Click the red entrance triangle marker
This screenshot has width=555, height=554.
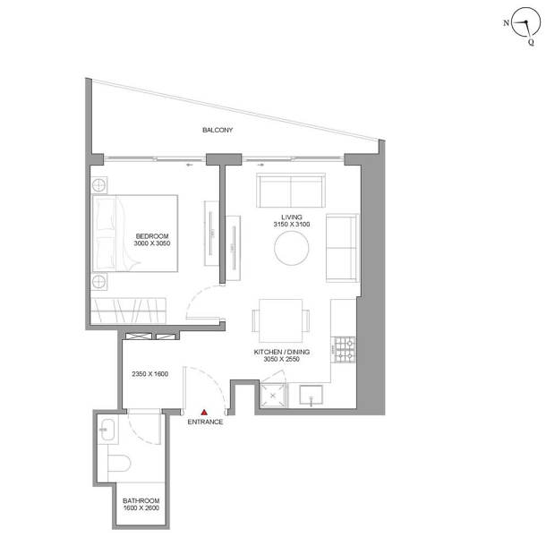coord(204,412)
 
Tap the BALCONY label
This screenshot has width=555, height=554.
coord(218,130)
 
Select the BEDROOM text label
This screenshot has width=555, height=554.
coord(152,236)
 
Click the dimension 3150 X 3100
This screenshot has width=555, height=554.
coord(292,224)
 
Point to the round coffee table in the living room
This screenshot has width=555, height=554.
coord(292,248)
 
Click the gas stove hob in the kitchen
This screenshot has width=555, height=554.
coord(346,349)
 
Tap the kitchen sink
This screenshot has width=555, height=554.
coord(311,395)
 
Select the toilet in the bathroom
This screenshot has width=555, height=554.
coord(119,463)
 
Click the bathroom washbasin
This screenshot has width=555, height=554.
coord(107,430)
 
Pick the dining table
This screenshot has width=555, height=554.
coord(281,320)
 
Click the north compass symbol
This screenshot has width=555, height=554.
coord(526,22)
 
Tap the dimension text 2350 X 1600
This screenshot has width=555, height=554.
coord(150,374)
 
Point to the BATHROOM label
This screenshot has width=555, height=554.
coord(141,500)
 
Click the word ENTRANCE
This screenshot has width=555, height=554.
coord(205,422)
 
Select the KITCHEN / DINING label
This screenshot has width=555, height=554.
coord(282,352)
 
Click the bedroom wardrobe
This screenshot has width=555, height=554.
coord(128,311)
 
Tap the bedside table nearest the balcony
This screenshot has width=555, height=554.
coord(98,184)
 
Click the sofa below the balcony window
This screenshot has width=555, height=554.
coord(291,190)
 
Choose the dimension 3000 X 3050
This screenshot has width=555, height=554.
coord(152,243)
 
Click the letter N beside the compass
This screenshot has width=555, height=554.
coord(506,23)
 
